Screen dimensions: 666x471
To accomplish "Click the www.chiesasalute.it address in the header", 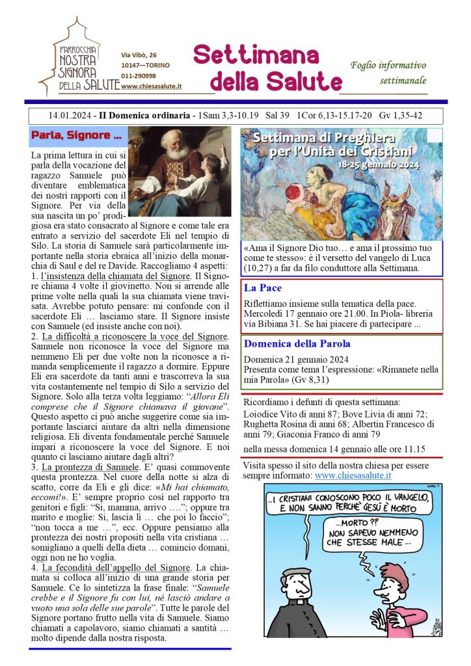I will pos(151,86).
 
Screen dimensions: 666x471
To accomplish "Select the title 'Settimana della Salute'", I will pos(267,68).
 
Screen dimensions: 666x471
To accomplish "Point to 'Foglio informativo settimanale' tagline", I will pos(388,73).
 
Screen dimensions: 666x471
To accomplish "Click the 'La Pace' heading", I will pos(263,287).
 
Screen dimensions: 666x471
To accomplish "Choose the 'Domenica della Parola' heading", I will pos(297,343).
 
